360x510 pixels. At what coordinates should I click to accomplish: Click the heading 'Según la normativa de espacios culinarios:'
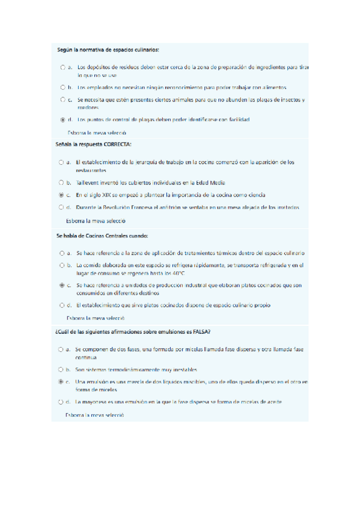[x=108, y=49]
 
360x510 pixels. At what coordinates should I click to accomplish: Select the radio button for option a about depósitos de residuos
[x=63, y=67]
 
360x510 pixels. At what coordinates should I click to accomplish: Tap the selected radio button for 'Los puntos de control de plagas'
[x=63, y=120]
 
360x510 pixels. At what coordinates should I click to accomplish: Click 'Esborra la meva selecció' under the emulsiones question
[x=94, y=415]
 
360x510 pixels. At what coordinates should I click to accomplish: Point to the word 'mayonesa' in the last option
[x=94, y=401]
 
